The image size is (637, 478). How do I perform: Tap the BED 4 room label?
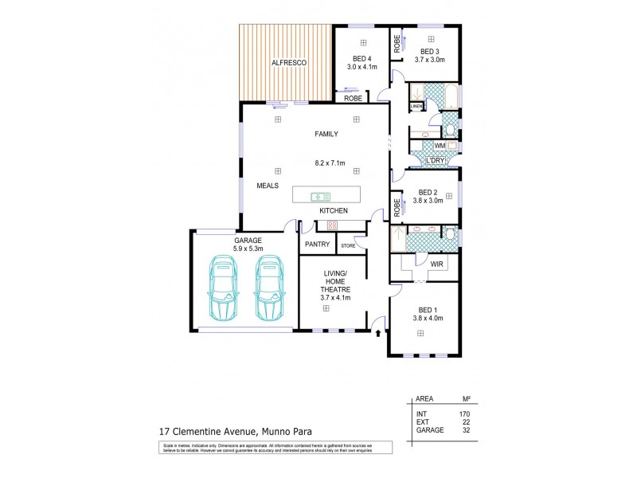[361, 58]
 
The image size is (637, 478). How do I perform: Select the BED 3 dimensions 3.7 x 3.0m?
[429, 60]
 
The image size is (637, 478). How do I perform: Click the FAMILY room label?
[326, 134]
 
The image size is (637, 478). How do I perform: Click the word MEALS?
[267, 185]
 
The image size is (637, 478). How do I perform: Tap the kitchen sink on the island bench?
[321, 195]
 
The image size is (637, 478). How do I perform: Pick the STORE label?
[349, 245]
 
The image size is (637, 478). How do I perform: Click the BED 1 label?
[428, 310]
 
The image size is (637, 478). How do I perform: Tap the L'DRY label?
[435, 160]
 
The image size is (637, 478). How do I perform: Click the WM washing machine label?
[439, 147]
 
